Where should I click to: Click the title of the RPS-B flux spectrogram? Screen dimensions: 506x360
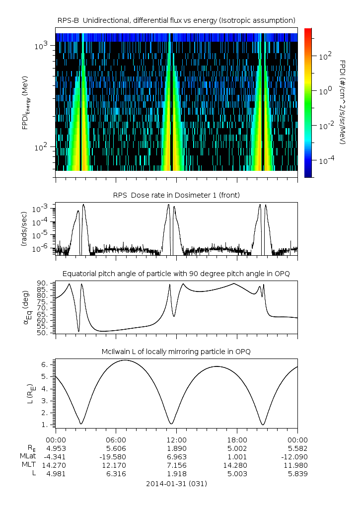click(176, 20)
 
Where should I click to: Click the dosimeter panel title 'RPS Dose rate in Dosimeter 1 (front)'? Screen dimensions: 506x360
click(176, 195)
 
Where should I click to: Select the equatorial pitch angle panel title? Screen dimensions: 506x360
click(176, 274)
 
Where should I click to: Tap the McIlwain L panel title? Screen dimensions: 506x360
click(176, 352)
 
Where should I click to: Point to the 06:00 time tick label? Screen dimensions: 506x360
click(116, 439)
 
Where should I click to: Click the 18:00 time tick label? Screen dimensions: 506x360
click(237, 439)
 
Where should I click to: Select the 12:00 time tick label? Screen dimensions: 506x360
click(176, 439)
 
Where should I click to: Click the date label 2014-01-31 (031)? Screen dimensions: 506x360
click(176, 484)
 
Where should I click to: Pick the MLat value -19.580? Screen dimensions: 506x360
click(116, 456)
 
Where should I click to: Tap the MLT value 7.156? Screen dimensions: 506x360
click(176, 465)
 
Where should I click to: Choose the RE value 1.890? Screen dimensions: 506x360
click(176, 448)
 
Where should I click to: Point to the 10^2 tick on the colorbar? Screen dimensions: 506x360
click(324, 57)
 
